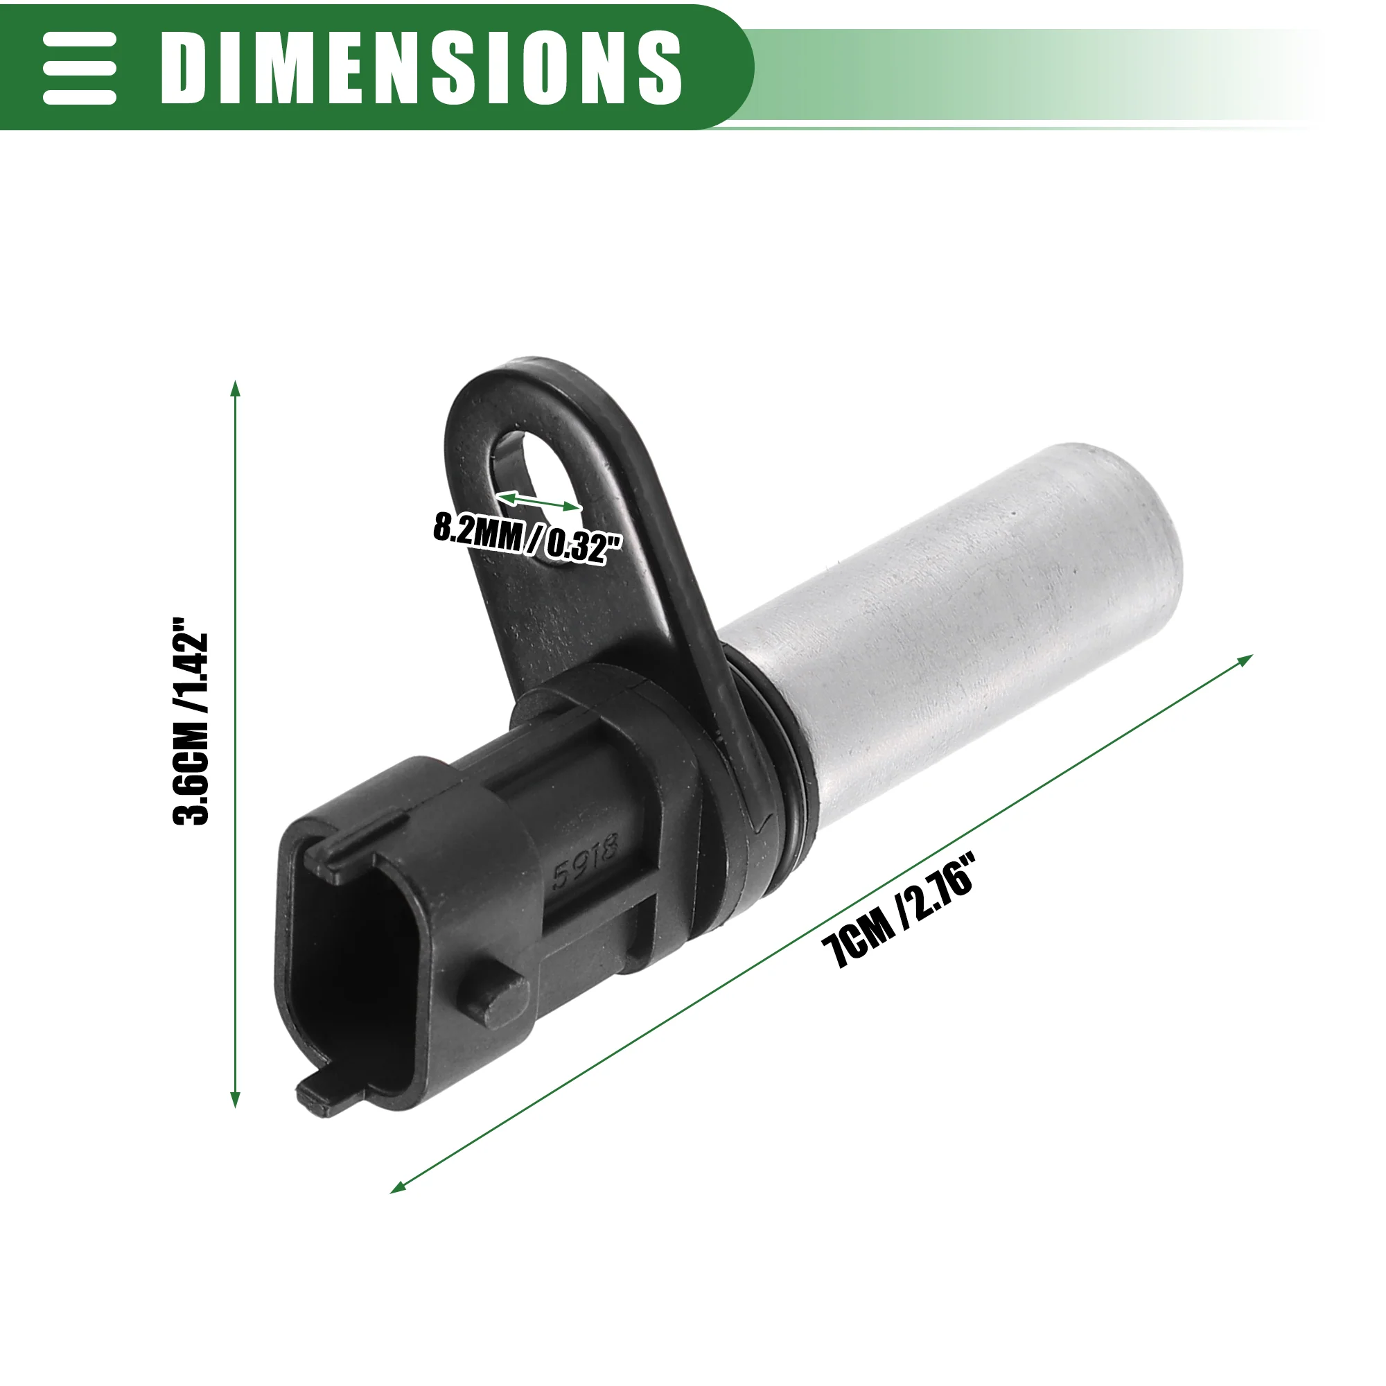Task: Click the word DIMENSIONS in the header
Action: [x=421, y=68]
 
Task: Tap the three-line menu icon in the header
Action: [x=80, y=68]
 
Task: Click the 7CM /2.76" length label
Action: [x=900, y=910]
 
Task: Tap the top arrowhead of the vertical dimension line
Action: [x=235, y=389]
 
